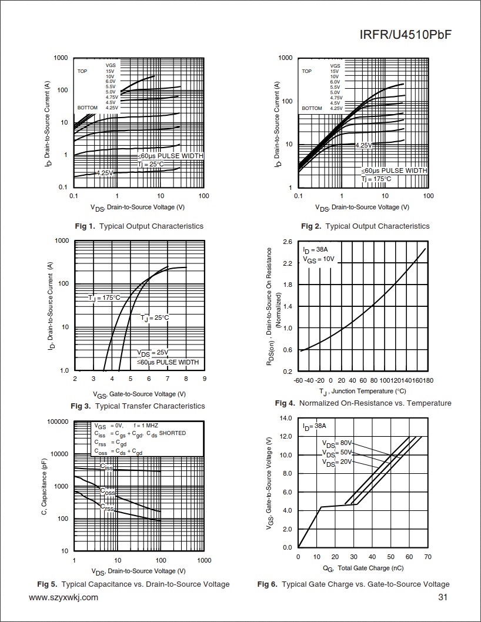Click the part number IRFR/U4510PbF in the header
pos(405,35)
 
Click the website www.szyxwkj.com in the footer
pos(64,598)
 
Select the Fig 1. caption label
pos(85,226)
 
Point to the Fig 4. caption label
pos(285,403)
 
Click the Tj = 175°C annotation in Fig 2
pos(376,179)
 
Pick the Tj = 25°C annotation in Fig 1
pos(151,164)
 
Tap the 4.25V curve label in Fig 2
pos(364,145)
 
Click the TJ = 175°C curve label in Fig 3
pos(104,298)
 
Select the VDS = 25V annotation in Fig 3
pos(153,353)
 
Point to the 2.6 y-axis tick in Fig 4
pos(288,242)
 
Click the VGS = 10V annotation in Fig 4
pos(318,259)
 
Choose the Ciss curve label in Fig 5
pos(106,467)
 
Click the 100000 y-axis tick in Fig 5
pos(57,422)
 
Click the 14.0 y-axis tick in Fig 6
pos(286,419)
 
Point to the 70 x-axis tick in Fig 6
pos(427,557)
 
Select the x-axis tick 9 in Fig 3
pos(204,379)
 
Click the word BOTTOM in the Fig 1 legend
pos(86,108)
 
